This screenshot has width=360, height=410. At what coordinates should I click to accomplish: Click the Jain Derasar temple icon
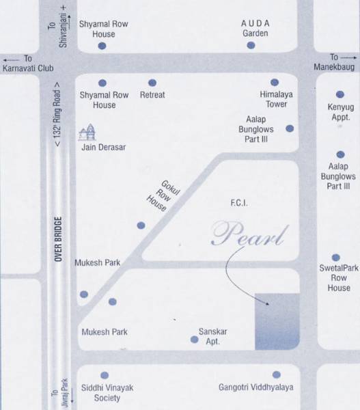[x=87, y=132]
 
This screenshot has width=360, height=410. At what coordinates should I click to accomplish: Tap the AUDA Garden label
[x=255, y=28]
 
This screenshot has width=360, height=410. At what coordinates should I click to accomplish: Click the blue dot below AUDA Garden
[x=251, y=45]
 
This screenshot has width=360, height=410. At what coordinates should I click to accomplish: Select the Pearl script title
[x=247, y=234]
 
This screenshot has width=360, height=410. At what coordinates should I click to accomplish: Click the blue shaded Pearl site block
[x=277, y=320]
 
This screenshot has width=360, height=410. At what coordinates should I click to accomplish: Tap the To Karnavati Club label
[x=25, y=64]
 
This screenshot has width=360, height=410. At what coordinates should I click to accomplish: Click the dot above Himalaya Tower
[x=275, y=82]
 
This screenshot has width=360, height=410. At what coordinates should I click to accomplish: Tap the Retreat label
[x=152, y=95]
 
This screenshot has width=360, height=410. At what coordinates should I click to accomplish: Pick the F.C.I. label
[x=238, y=204]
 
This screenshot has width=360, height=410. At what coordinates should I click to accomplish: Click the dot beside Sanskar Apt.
[x=194, y=339]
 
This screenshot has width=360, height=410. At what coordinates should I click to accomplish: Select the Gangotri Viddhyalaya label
[x=255, y=387]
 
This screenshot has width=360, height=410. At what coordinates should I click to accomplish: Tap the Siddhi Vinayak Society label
[x=105, y=392]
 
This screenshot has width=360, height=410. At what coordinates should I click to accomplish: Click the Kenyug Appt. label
[x=339, y=112]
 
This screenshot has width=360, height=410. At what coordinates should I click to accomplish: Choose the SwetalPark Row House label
[x=338, y=278]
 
